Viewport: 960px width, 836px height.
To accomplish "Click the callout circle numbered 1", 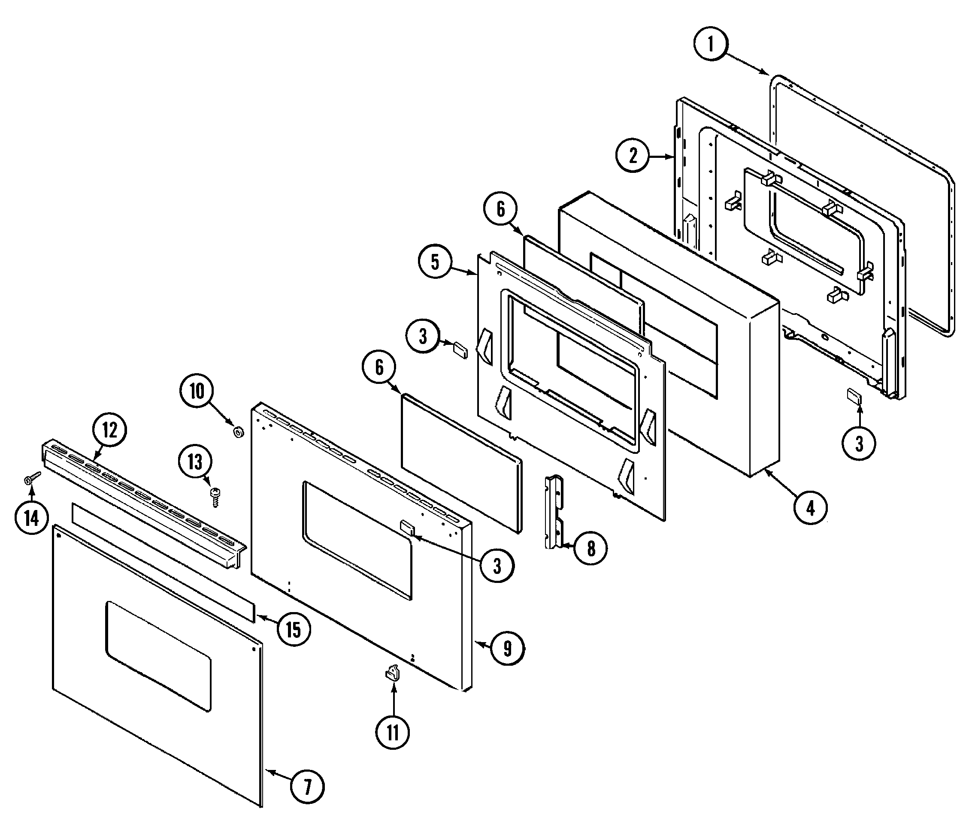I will pos(710,45).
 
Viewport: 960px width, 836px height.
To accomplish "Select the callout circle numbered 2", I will pos(633,156).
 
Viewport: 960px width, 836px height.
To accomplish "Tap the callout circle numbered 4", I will pos(811,507).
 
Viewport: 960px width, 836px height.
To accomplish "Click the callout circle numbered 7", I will pos(307,788).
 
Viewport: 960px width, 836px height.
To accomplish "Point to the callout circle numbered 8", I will pos(591,548).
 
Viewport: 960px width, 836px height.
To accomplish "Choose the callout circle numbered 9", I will pos(508,649).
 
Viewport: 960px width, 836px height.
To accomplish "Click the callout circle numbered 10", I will pos(197,391).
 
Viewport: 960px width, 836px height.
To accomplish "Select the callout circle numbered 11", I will pos(393,733).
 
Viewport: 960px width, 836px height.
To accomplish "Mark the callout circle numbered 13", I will pos(195,462).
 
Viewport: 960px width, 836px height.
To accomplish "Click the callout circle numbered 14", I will pos(31,517).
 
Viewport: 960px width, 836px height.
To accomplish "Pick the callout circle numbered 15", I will pos(293,629).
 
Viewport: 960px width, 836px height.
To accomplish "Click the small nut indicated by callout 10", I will pos(239,433).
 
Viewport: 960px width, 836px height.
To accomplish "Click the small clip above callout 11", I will pos(393,673).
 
